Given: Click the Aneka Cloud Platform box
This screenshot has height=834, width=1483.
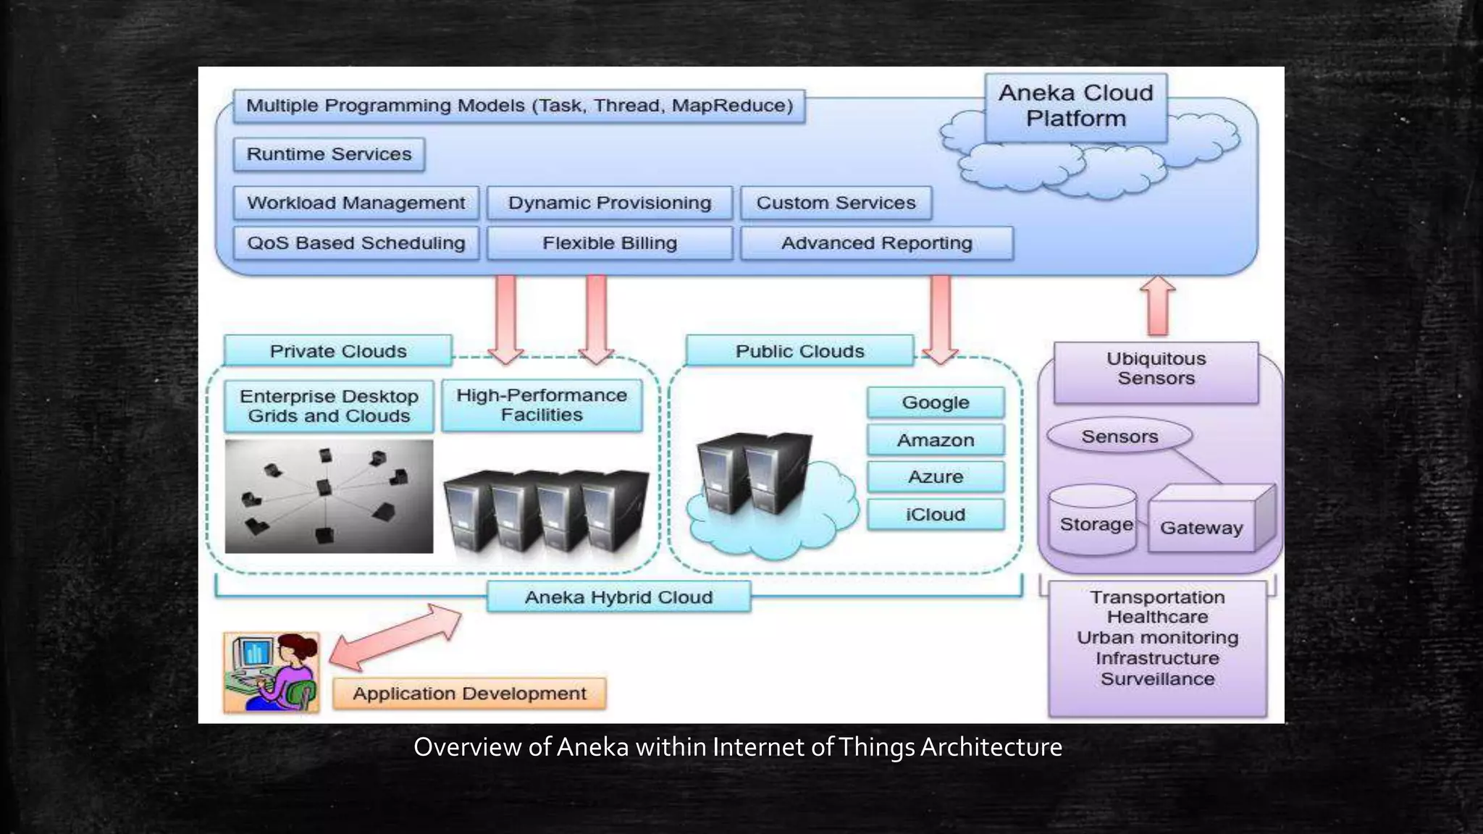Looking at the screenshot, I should pyautogui.click(x=1075, y=106).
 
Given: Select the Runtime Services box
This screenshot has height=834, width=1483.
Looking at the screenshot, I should pyautogui.click(x=329, y=154).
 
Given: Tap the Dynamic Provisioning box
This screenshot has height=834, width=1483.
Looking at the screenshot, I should pyautogui.click(x=609, y=203).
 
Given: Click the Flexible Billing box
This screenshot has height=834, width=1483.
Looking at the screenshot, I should pyautogui.click(x=609, y=243).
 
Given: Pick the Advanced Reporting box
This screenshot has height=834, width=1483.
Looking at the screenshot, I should pyautogui.click(x=876, y=243).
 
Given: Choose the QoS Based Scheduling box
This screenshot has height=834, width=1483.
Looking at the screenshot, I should pyautogui.click(x=356, y=243).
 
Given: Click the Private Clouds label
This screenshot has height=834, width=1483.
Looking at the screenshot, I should pyautogui.click(x=337, y=351).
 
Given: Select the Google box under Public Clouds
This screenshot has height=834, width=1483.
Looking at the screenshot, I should pyautogui.click(x=935, y=403).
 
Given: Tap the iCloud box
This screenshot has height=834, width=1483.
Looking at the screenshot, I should pyautogui.click(x=935, y=515).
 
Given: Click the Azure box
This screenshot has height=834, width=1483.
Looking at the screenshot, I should pyautogui.click(x=935, y=477).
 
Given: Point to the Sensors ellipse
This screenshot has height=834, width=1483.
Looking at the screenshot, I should pyautogui.click(x=1119, y=437).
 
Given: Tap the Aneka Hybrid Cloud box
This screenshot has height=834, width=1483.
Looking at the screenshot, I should pyautogui.click(x=618, y=597).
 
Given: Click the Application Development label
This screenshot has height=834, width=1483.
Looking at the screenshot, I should pyautogui.click(x=469, y=694).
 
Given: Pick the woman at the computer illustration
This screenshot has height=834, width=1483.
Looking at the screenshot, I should pyautogui.click(x=272, y=672).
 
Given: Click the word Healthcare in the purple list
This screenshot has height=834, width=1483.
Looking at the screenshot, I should pyautogui.click(x=1157, y=618).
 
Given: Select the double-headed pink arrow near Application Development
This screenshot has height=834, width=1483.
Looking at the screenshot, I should pyautogui.click(x=395, y=636).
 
